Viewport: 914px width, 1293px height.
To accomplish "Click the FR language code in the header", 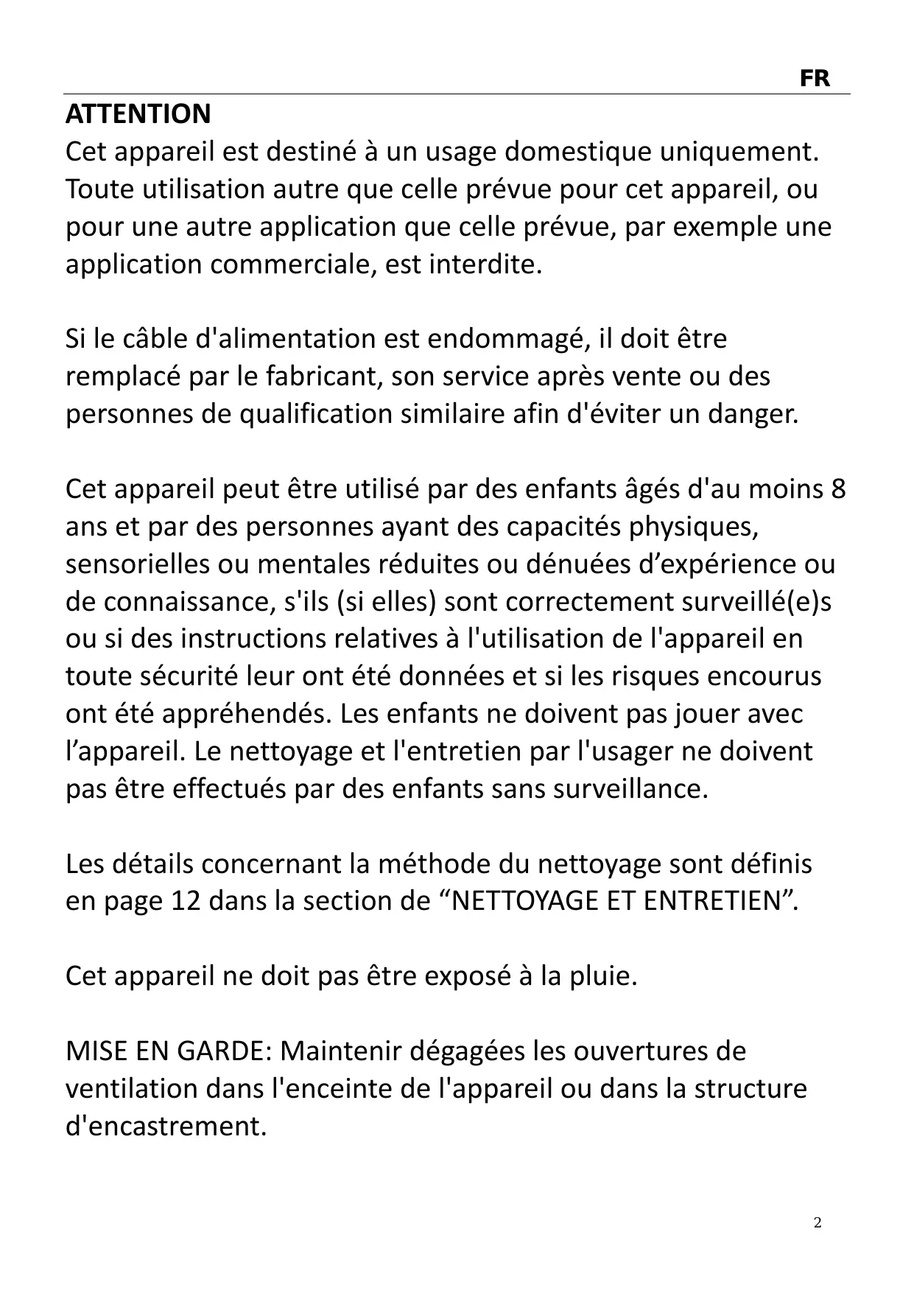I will coord(814,78).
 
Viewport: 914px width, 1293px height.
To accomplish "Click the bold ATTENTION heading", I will coord(138,114).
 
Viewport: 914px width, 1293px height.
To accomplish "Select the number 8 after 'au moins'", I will coord(838,489).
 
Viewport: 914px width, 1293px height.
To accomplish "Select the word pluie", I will coord(600,976).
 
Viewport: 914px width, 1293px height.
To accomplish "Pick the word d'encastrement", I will coord(166,1126).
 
